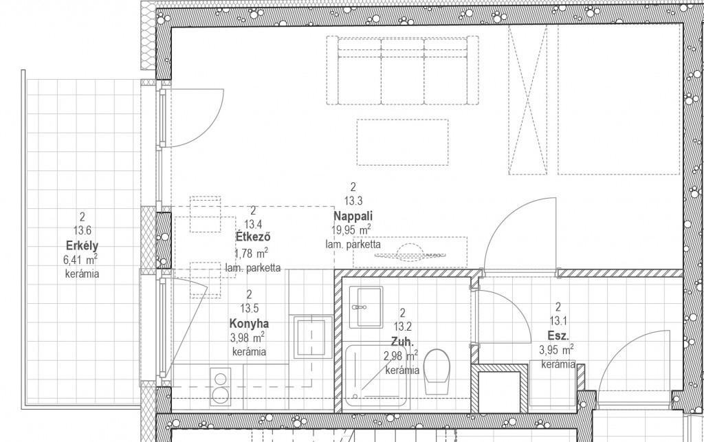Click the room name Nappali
(x=353, y=216)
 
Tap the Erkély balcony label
(x=82, y=246)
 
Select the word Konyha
(x=249, y=323)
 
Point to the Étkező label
(x=253, y=238)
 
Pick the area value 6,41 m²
(x=81, y=260)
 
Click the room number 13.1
(x=558, y=321)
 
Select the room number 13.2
(x=402, y=327)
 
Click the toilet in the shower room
(x=437, y=372)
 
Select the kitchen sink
(x=313, y=337)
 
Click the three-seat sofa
(x=401, y=70)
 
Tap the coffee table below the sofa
(x=402, y=142)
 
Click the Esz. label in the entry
(x=558, y=335)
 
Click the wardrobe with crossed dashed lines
(x=528, y=100)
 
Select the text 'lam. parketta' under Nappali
(x=353, y=245)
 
